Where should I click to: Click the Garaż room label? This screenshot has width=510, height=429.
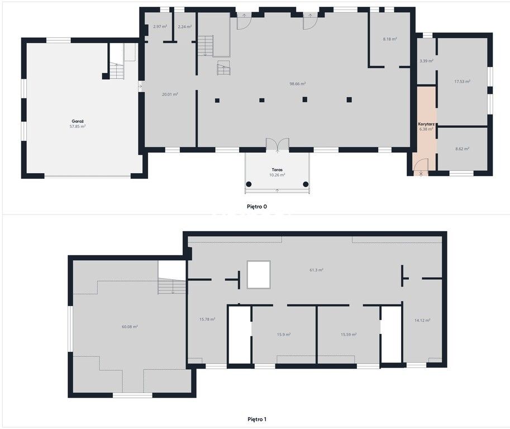(78, 121)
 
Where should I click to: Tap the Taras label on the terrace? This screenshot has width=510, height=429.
(277, 170)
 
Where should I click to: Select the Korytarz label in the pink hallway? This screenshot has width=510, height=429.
(426, 124)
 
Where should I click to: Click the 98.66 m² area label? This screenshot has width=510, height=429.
(298, 84)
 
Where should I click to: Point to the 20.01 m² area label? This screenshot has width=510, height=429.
(170, 94)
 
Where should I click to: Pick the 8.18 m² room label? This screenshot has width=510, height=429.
(390, 39)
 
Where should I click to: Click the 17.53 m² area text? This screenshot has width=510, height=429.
(462, 82)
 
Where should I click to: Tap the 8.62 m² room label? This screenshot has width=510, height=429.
(462, 149)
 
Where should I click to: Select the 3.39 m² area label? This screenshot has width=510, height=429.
(426, 61)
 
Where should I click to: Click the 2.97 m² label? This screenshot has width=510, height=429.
(160, 27)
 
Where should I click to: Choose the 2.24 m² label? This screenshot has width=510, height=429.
(185, 27)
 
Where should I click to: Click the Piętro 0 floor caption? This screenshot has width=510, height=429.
(257, 207)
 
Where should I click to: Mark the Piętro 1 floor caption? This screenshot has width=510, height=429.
(257, 420)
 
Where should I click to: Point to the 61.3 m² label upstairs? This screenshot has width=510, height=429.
(316, 270)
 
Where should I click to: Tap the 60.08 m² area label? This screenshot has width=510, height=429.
(130, 327)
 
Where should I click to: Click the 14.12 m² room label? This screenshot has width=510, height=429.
(422, 321)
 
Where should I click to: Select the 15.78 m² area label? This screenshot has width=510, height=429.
(207, 320)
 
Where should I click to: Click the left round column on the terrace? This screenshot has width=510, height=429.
(249, 184)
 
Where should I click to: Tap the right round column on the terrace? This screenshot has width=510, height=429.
(306, 184)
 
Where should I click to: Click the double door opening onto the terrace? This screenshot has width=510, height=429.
(278, 145)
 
